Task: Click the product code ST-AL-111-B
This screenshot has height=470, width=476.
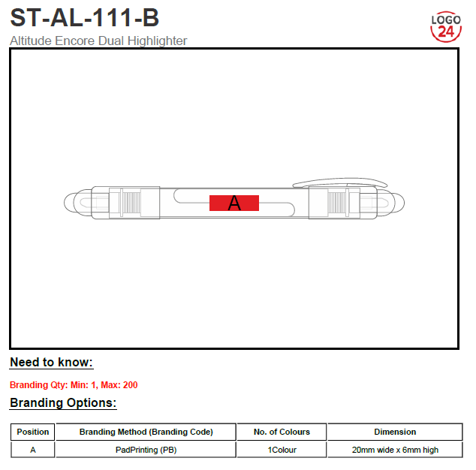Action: pyautogui.click(x=84, y=17)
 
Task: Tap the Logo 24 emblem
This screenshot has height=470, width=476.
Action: pyautogui.click(x=446, y=27)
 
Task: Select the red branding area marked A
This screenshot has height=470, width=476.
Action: pyautogui.click(x=234, y=203)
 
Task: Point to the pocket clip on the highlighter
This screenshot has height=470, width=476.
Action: pyautogui.click(x=340, y=182)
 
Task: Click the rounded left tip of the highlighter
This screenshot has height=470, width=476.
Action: pyautogui.click(x=68, y=203)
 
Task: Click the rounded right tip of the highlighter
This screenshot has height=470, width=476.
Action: pyautogui.click(x=400, y=203)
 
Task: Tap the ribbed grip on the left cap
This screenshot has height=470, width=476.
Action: pyautogui.click(x=131, y=203)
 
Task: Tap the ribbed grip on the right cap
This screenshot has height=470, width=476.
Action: pyautogui.click(x=337, y=203)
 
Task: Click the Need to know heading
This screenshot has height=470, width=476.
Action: pyautogui.click(x=51, y=362)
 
